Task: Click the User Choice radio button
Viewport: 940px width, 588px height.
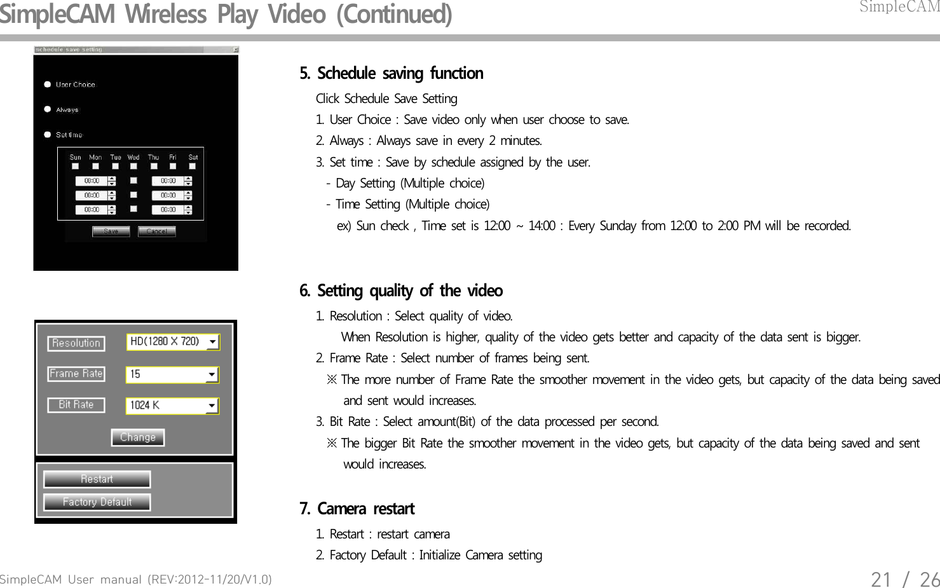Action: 48,85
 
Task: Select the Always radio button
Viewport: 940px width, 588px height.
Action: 48,109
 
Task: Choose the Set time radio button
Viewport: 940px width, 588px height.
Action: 48,135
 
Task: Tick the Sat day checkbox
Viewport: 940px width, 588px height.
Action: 193,167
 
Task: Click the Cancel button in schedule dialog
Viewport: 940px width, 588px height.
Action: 156,231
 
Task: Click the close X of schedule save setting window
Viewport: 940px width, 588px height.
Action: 235,50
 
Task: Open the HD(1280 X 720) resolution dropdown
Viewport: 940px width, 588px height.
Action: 212,342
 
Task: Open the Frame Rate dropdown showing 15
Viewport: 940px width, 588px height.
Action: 211,375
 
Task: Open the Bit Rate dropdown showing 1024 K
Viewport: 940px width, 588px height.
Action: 211,406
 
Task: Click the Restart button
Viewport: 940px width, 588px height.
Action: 97,479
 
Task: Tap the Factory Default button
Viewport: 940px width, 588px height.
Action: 97,502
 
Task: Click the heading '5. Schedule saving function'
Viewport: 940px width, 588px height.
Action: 391,74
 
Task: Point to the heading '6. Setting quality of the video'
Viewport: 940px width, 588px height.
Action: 400,291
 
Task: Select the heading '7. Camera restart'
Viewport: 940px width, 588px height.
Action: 357,509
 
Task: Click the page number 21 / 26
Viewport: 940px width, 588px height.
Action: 904,579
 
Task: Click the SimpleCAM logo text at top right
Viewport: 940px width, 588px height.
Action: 899,7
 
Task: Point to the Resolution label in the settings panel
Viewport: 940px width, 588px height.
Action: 76,343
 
